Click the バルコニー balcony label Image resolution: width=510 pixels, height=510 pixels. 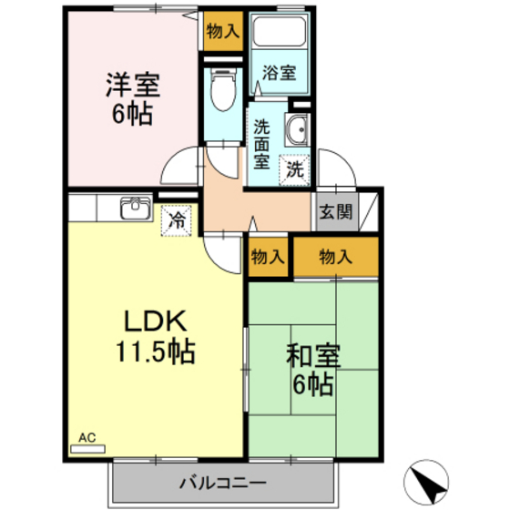222,482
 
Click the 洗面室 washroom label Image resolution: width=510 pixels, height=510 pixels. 262,145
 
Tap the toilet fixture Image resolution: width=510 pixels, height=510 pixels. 222,91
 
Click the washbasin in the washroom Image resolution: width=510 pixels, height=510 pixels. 296,132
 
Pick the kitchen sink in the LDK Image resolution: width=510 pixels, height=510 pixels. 134,209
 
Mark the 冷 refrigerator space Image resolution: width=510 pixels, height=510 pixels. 178,219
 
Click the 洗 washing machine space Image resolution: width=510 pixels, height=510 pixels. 294,168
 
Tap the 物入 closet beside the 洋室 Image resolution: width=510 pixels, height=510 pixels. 222,31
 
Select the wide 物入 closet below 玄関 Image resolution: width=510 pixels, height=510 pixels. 335,258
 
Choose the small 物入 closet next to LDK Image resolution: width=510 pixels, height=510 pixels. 268,258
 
